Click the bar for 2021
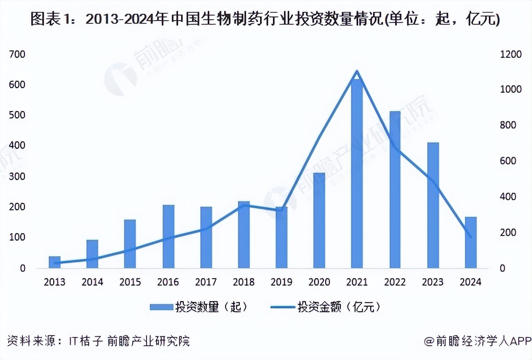tap(357, 174)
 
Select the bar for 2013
tap(55, 262)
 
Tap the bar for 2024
tap(470, 242)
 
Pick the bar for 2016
tap(168, 236)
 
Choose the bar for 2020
tap(319, 220)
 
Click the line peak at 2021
tap(357, 71)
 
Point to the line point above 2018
tap(244, 205)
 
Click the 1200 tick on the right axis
tap(511, 55)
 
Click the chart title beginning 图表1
tap(265, 19)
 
